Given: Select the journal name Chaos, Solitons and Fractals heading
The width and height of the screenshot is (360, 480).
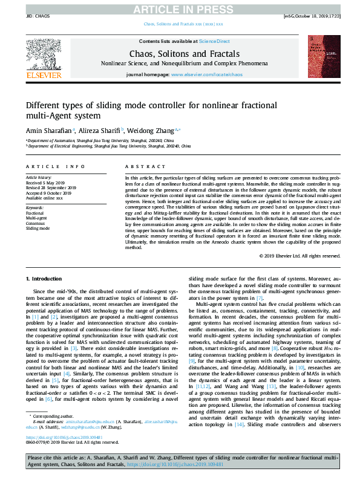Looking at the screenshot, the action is [x=180, y=54].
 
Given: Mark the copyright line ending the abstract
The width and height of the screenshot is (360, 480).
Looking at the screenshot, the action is [x=299, y=256].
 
